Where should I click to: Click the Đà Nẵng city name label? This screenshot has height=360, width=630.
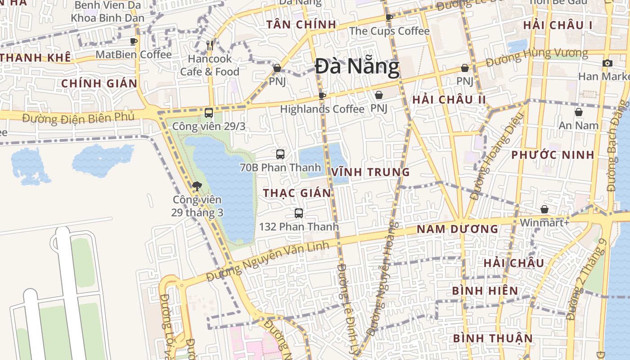(357, 67)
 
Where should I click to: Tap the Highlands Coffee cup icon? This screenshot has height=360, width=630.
(322, 96)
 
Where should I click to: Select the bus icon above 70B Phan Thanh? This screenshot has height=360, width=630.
(280, 154)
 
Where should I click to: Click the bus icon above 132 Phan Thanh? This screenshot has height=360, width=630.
(298, 213)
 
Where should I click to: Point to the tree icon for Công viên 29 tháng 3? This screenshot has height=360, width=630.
(197, 186)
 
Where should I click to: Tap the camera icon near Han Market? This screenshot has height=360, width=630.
(607, 63)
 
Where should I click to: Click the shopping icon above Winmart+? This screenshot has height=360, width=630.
(544, 209)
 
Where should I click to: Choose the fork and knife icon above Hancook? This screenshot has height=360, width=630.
(209, 45)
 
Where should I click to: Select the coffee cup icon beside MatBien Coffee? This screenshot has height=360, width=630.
(134, 41)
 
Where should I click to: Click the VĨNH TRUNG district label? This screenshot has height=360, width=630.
(370, 172)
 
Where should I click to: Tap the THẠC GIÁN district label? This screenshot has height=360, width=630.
(297, 193)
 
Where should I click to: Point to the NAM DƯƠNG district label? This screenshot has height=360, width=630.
(457, 229)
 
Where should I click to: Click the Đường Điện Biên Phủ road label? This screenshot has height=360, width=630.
(78, 118)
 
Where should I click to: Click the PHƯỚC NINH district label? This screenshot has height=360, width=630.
(553, 155)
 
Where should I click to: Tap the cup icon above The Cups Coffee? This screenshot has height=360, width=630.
(389, 18)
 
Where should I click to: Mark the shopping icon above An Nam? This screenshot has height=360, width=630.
(578, 112)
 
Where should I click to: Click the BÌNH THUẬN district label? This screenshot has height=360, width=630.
(492, 338)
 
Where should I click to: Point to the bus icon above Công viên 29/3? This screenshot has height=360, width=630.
(208, 113)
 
